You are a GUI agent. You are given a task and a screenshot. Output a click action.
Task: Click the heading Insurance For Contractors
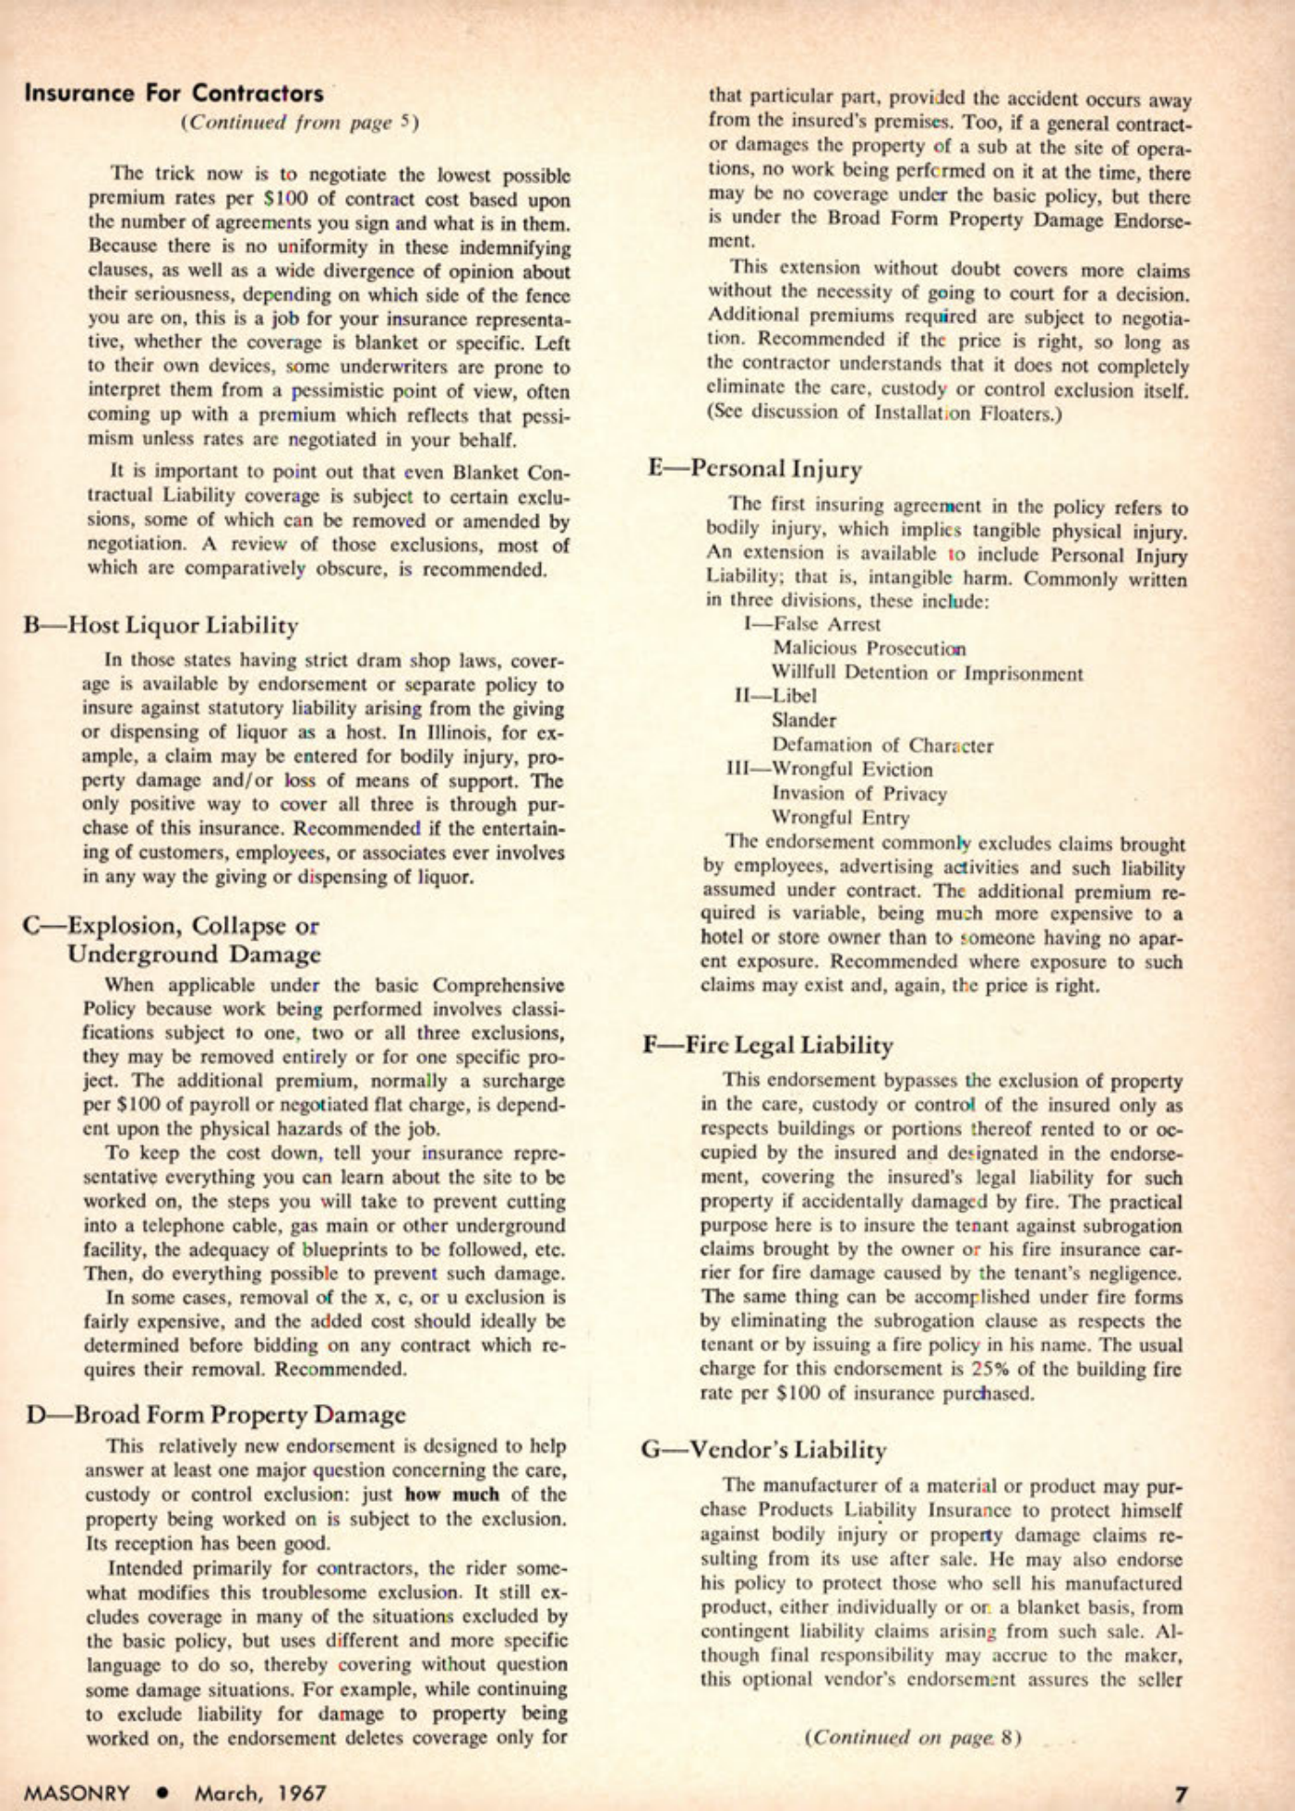[174, 93]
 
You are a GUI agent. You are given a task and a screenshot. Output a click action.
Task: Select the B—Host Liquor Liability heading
[161, 626]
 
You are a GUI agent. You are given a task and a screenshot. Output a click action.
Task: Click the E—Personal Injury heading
[754, 469]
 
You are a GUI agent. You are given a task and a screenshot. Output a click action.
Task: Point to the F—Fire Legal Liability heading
[768, 1045]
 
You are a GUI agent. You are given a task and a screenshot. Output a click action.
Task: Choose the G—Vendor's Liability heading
[764, 1449]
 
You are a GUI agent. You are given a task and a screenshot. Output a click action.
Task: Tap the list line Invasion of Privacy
[859, 793]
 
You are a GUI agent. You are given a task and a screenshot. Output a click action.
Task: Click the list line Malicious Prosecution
[869, 648]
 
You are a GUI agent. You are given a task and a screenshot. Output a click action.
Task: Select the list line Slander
[804, 720]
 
